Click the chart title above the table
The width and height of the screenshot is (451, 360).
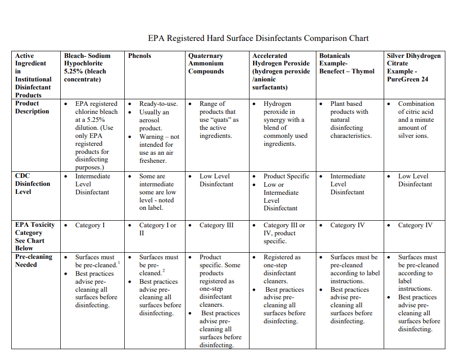258,38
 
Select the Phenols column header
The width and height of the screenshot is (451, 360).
139,56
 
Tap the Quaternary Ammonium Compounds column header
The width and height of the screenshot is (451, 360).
206,64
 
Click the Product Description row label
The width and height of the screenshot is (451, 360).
32,107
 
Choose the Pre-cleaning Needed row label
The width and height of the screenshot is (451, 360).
33,260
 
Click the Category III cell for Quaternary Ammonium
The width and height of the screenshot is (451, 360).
216,225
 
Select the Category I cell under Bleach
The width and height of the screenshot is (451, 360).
90,225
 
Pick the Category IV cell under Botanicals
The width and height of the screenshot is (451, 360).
347,225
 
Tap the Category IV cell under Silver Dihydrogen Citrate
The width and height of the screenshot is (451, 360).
415,225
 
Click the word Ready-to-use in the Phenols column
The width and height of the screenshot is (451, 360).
158,104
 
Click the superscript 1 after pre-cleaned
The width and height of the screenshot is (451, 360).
119,262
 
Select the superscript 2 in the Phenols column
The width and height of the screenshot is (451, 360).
163,271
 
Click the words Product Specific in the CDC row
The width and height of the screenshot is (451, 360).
286,176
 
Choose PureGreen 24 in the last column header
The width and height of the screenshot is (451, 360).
407,79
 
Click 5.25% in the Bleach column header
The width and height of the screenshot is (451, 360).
73,71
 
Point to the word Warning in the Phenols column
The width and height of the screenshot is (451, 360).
151,136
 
